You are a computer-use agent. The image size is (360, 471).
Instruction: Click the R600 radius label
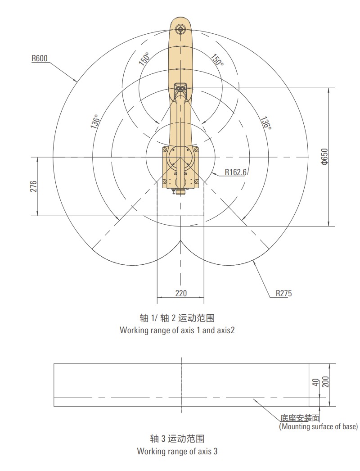coord(40,58)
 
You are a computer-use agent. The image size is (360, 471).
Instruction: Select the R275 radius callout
coord(284,293)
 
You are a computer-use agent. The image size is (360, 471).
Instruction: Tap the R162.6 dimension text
coord(236,172)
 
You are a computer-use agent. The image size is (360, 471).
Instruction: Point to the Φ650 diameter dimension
coord(325,156)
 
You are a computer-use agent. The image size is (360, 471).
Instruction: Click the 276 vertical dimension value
coord(34,186)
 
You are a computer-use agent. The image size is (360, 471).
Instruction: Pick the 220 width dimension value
coord(181,293)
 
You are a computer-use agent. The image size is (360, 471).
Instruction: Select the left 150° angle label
coord(144,59)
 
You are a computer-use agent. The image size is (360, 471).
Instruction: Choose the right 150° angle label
coord(217,60)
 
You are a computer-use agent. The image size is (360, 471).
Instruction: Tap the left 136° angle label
coord(95,122)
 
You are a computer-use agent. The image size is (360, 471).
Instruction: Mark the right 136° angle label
coord(265,123)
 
